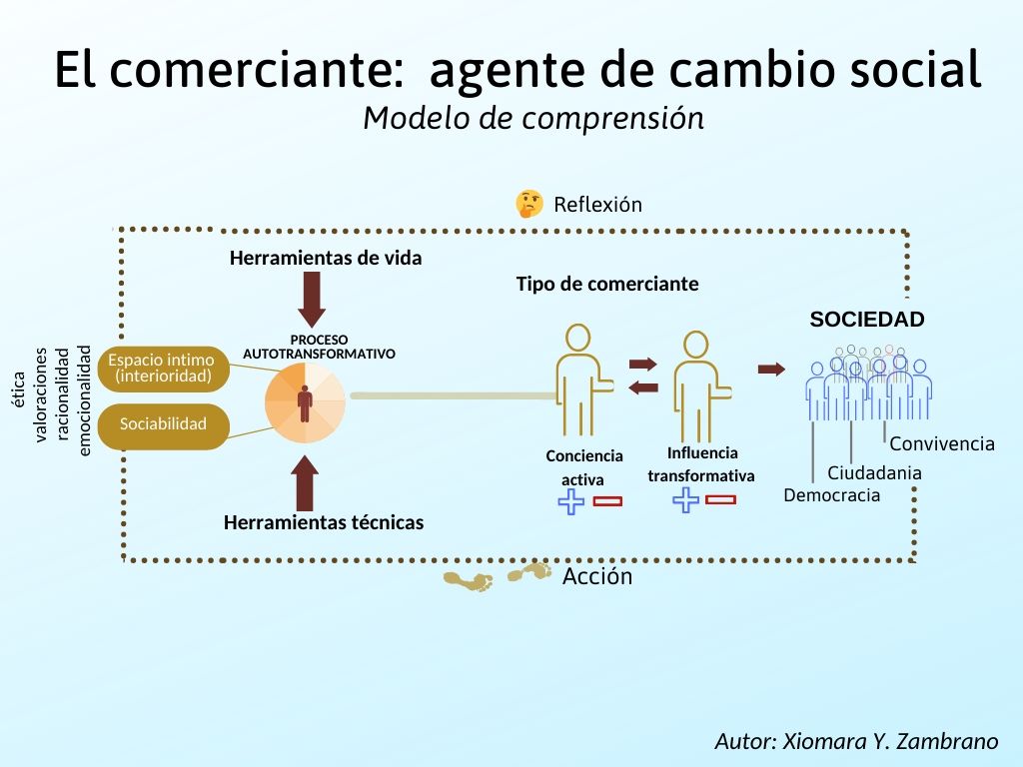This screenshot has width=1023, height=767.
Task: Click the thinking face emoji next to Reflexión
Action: point(528,204)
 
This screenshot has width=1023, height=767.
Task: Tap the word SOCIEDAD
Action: point(866,320)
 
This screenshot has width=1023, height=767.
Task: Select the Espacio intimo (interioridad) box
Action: point(162,369)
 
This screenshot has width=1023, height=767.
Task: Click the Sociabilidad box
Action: point(163,424)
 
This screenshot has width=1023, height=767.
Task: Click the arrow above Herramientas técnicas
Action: point(306,483)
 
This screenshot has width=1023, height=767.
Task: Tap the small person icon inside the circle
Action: point(305,402)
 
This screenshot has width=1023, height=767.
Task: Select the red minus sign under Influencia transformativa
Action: point(720,499)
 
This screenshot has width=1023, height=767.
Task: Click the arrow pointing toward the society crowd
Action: point(771,370)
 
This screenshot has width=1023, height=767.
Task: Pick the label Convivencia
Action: point(942,444)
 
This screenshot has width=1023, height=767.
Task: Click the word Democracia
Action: point(832,495)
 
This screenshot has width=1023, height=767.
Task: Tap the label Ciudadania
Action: point(874,473)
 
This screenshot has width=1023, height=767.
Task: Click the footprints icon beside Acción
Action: point(498,577)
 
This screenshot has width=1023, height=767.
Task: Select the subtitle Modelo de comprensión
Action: point(533,118)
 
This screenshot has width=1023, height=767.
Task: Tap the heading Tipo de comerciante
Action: point(606,284)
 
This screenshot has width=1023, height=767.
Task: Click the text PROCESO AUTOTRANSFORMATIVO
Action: point(319,347)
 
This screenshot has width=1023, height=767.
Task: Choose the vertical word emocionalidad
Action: point(85,400)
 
